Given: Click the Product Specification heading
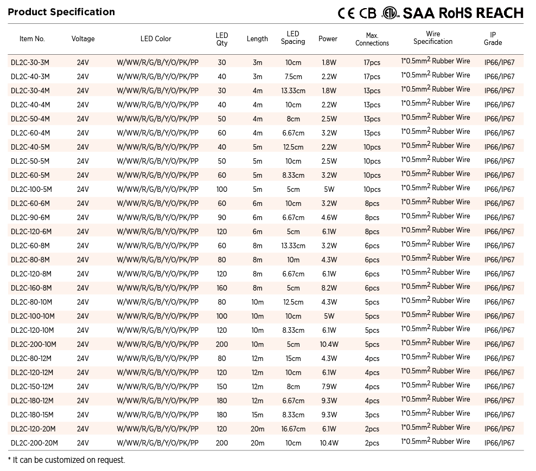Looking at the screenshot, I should pos(61,12).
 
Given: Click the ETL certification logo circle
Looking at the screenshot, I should pos(390,13).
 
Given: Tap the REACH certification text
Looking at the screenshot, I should pos(496,13).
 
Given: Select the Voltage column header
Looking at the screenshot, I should pos(83,38).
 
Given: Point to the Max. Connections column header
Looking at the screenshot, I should pos(372,39).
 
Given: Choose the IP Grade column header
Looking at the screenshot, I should pos(493,38).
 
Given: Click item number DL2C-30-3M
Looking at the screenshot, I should pos(30,62).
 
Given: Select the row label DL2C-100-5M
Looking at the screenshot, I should pos(32,189).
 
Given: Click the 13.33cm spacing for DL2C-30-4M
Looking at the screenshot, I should pos(293,91).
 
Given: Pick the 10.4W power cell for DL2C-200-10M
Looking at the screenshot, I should pos(329,344).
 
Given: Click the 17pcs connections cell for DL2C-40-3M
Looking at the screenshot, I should pos(372,76).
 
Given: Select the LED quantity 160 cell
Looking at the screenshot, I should pos(222,288).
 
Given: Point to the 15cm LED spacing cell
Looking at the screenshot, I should pos(293,358).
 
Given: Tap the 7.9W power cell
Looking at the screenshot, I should pos(329,386).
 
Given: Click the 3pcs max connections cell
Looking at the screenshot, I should pos(372,415).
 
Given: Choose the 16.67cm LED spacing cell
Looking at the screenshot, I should pos(293,429).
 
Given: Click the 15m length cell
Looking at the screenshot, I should pos(257,415).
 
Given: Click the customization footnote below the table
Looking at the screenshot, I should pos(67,460).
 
